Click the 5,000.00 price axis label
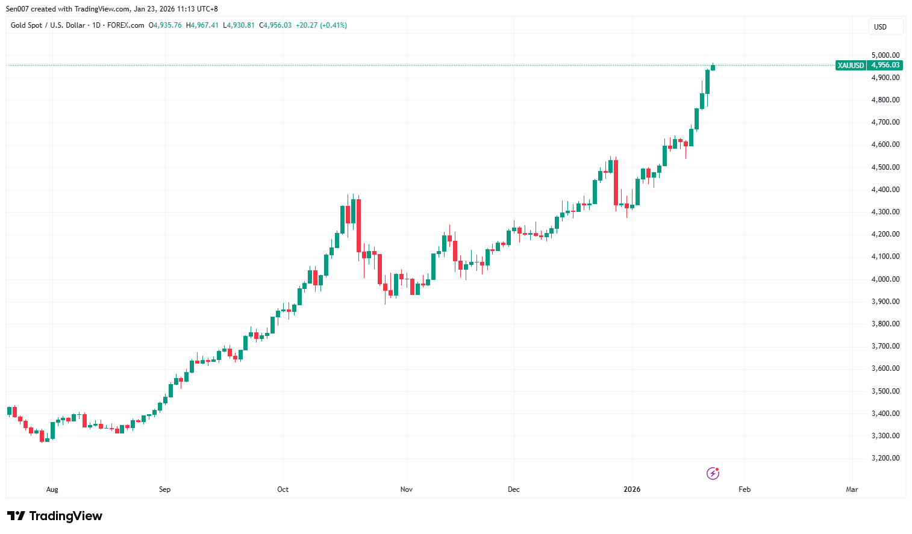pos(885,55)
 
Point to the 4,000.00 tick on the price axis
pos(885,279)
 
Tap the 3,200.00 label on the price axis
pos(885,458)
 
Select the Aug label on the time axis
pos(52,489)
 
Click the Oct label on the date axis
pos(283,489)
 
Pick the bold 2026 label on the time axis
pos(632,489)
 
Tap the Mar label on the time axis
pos(852,489)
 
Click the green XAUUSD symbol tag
pos(851,66)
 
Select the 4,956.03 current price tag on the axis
pos(885,66)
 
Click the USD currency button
pos(881,27)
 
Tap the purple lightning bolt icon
pos(713,473)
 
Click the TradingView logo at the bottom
pos(55,516)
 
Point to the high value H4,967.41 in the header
pos(202,25)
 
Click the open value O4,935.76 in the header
pos(165,25)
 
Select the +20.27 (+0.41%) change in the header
pos(321,25)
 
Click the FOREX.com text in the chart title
pos(125,25)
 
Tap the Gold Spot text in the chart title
pos(27,25)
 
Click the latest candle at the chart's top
pos(713,67)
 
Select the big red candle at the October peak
pos(359,226)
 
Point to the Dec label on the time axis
pos(514,489)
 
